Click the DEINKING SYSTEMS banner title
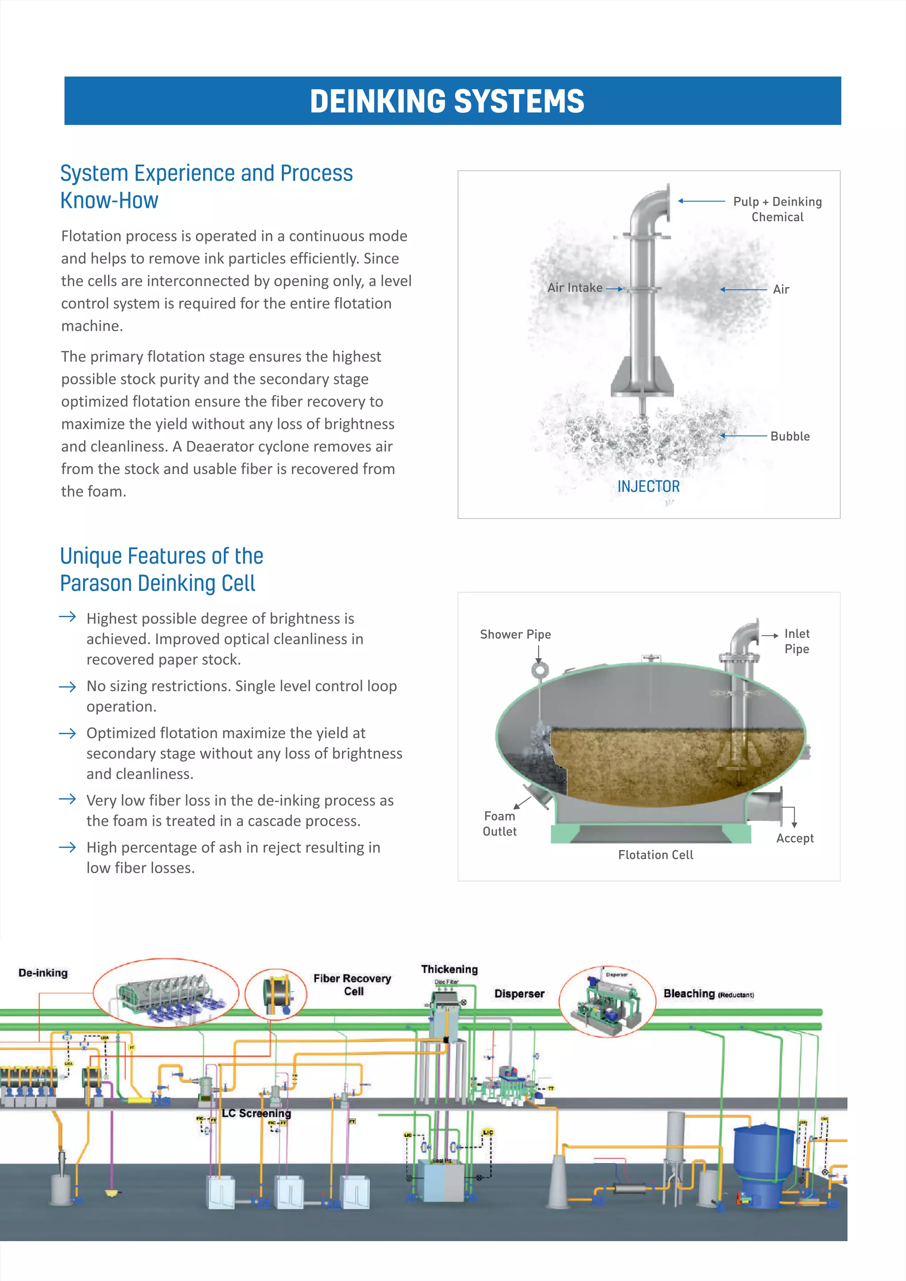[447, 102]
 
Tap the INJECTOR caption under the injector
[648, 487]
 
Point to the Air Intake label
[575, 288]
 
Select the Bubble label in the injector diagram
[790, 436]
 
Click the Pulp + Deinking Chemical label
[777, 209]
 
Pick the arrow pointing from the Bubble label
[744, 435]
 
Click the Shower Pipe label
[515, 634]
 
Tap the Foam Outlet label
[499, 824]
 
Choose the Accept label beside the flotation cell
[795, 838]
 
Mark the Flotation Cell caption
[656, 855]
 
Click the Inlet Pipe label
[797, 641]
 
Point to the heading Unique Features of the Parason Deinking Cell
[161, 570]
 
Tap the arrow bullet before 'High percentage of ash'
[68, 848]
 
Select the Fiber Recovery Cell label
[352, 984]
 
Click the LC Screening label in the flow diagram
[257, 1113]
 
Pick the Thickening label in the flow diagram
[449, 969]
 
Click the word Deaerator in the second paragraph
[234, 447]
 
